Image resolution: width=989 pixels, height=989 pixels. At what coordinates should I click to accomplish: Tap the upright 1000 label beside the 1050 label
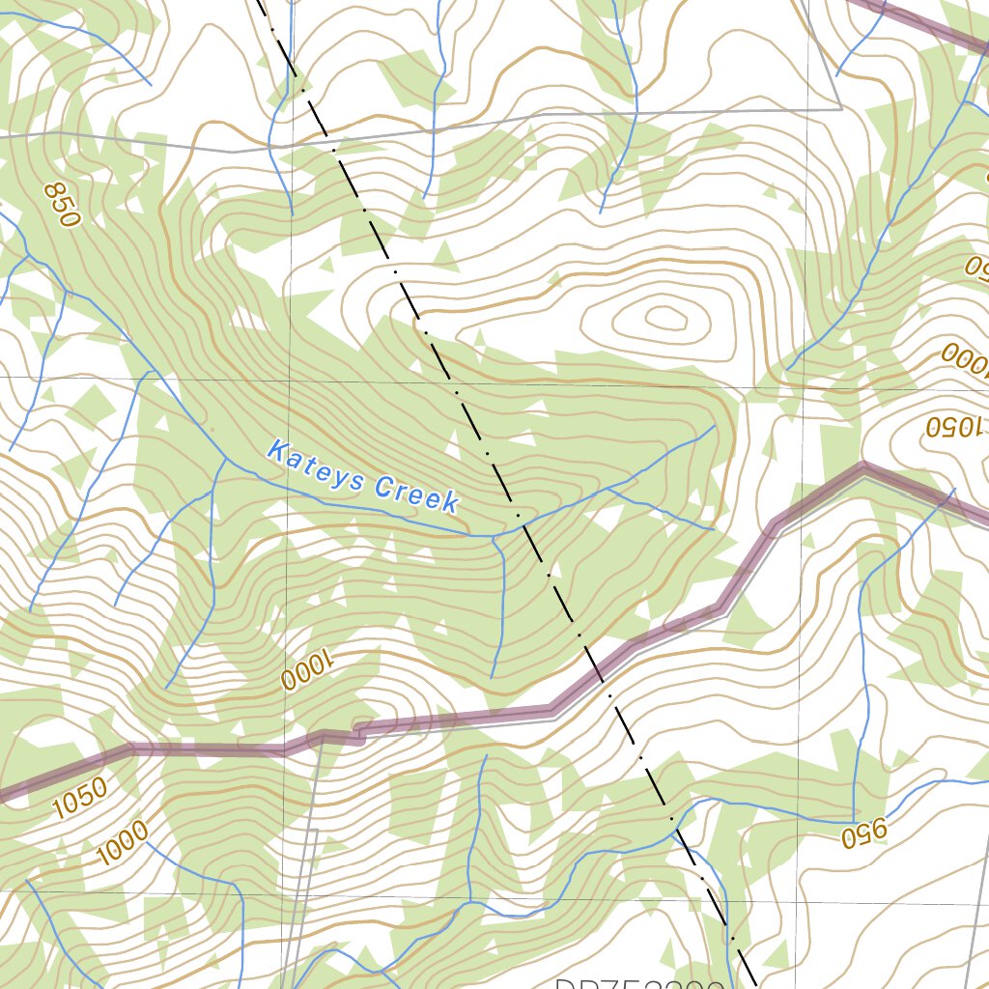pos(123,841)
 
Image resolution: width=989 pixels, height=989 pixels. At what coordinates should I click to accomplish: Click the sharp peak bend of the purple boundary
pos(862,467)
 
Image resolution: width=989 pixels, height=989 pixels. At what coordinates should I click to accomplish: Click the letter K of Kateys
pos(278,450)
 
